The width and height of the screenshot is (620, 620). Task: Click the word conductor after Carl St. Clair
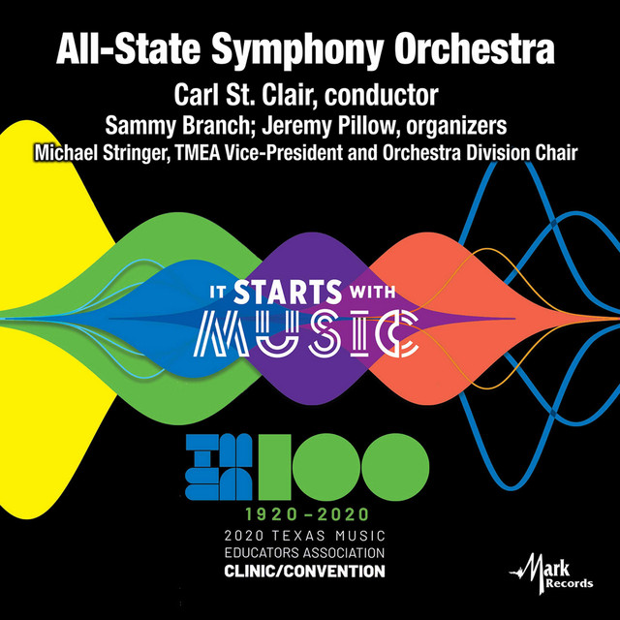(x=381, y=96)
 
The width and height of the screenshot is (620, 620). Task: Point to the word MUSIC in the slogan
(x=310, y=332)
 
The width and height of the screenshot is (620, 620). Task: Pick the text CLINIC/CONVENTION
(x=310, y=572)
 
